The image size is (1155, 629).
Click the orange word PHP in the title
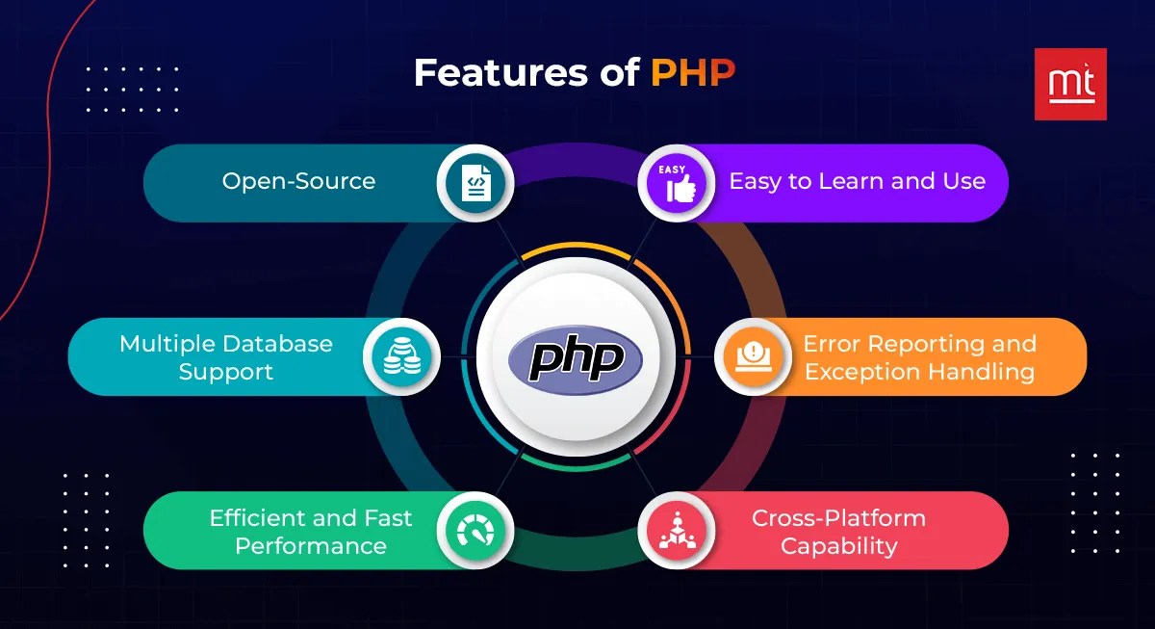693,74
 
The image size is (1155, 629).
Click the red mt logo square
1070,84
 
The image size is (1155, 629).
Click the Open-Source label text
298,181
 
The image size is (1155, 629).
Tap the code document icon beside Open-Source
475,182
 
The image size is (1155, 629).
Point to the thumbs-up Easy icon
678,182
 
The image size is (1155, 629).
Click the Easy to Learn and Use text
857,181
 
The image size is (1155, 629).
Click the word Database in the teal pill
279,344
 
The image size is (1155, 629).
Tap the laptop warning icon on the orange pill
753,356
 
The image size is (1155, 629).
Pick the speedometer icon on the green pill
475,531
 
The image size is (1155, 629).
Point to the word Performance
311,546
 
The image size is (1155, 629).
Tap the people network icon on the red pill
678,531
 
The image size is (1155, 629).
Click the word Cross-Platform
838,518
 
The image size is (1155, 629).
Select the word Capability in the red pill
838,546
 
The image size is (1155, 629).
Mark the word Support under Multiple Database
226,372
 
